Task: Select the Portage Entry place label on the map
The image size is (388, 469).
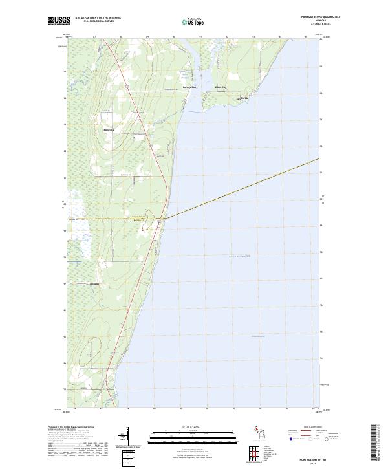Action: pos(190,87)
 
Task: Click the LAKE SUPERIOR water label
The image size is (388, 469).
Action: pos(239,257)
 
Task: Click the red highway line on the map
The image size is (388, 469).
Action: pos(140,116)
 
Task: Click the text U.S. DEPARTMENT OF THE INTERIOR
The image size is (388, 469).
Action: pos(98,18)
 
